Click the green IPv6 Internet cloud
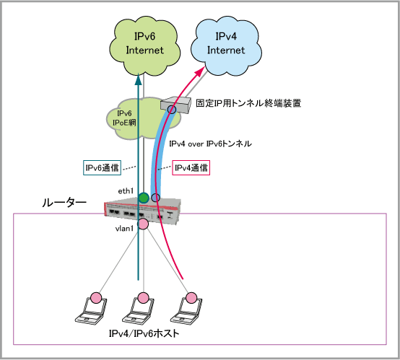tap(144, 46)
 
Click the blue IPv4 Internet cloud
tap(226, 46)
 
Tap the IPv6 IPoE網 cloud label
tap(124, 118)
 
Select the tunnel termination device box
tap(175, 105)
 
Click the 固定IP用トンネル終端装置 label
tap(248, 103)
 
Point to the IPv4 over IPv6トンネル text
tap(210, 144)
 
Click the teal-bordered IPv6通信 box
tap(102, 167)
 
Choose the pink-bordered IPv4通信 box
tap(191, 167)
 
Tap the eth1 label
tap(126, 191)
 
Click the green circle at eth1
tap(144, 198)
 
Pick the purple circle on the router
tap(156, 198)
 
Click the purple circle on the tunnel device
tap(172, 110)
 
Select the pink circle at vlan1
tap(143, 224)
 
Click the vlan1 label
tap(124, 229)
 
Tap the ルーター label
tap(64, 203)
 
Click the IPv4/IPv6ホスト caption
tap(144, 333)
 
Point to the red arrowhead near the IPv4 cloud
tap(200, 71)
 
